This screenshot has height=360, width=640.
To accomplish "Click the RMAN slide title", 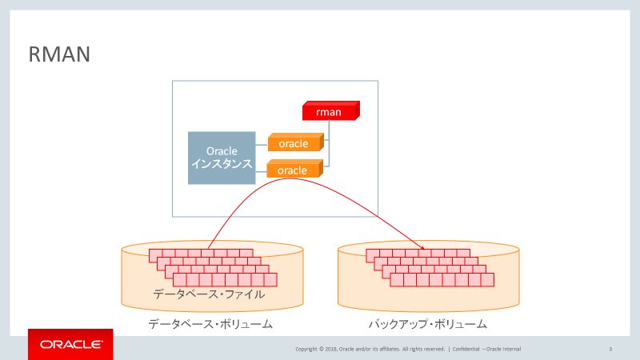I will (59, 54).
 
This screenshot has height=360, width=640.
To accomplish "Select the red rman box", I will (329, 112).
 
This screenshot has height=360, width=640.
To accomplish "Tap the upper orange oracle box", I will (294, 144).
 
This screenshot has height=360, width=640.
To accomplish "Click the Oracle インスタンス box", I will (222, 158).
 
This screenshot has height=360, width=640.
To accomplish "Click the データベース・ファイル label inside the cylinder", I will (209, 295).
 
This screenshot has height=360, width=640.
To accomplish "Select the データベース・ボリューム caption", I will (211, 324).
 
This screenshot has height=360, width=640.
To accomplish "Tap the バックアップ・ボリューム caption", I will (427, 324).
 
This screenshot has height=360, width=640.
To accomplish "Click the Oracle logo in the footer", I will (70, 345).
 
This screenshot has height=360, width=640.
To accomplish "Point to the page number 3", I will (610, 349).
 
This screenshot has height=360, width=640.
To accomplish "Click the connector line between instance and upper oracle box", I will (262, 145).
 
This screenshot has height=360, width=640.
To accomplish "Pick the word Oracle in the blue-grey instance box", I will (222, 150).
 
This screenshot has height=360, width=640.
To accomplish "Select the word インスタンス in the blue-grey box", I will (222, 165).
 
